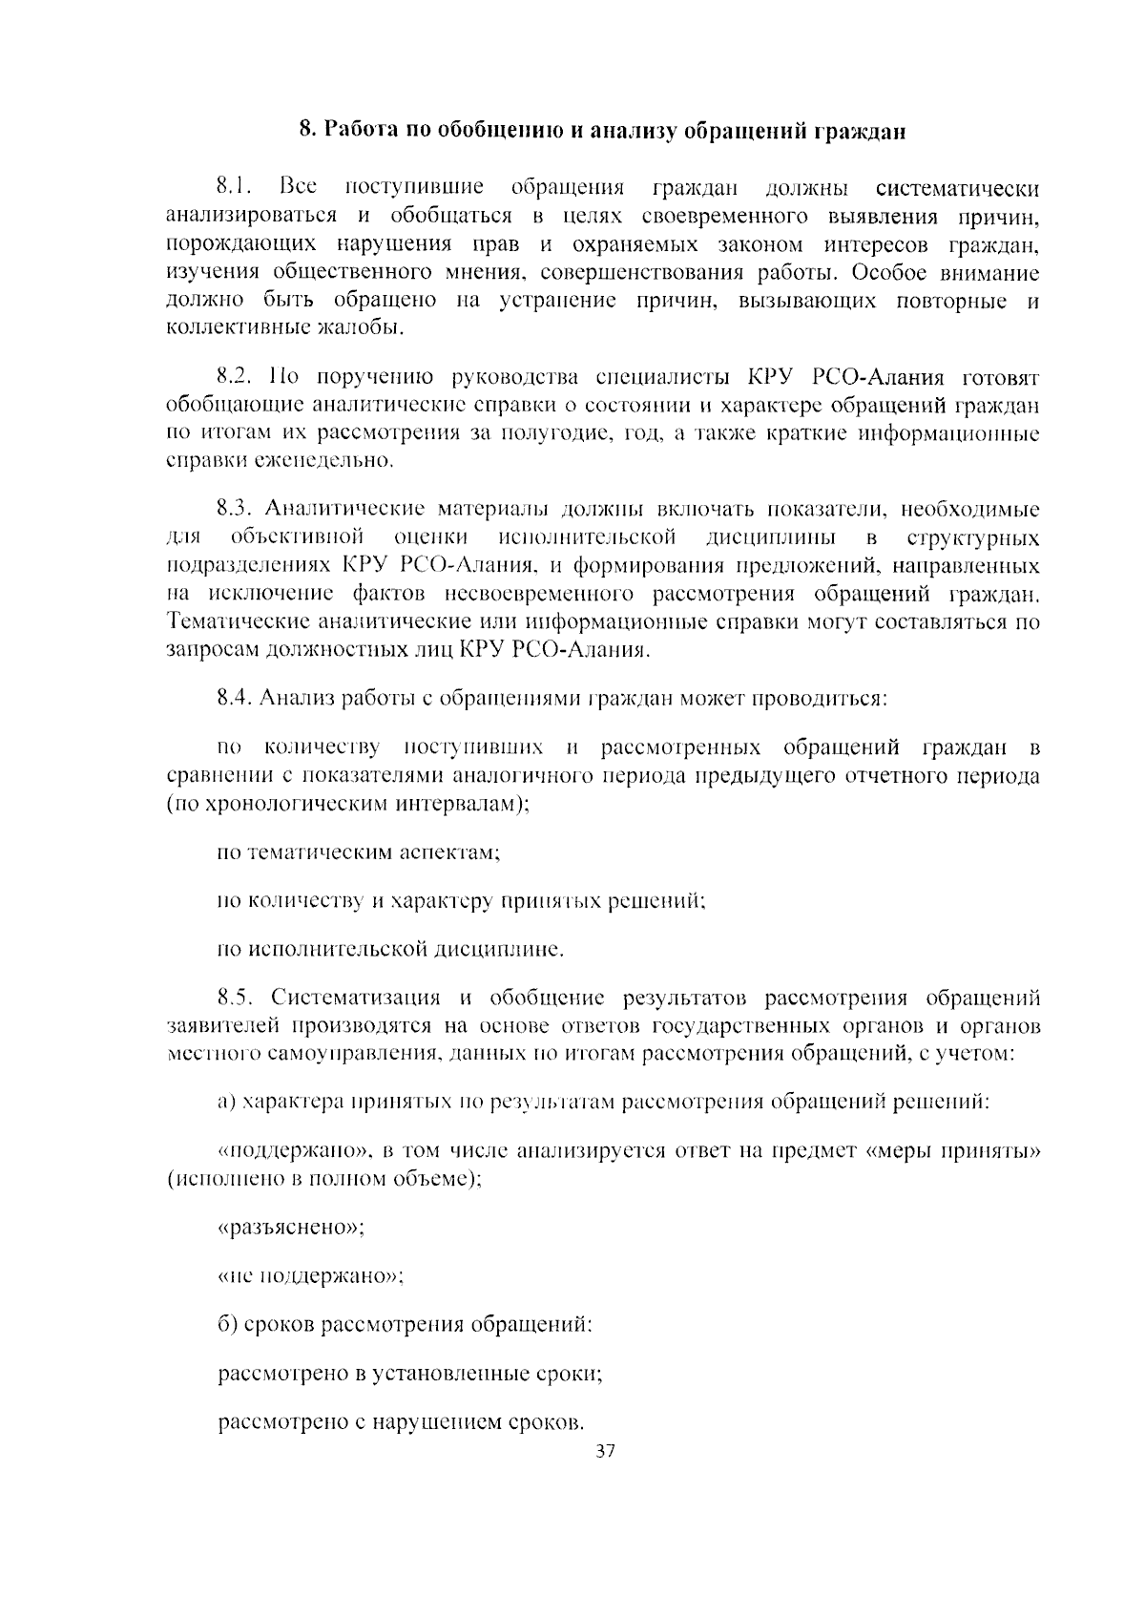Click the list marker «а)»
tap(226, 1103)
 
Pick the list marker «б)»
tap(227, 1325)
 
